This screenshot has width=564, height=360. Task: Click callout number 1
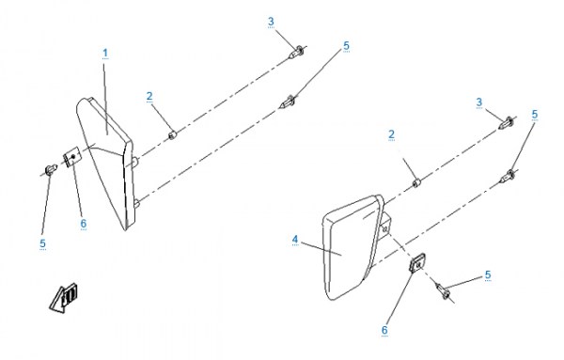[x=105, y=54]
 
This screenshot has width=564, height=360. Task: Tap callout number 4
[x=295, y=240]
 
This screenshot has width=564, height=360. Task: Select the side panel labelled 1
[x=107, y=163]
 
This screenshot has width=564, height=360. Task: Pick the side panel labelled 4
[x=354, y=247]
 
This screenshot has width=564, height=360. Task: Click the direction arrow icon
[x=64, y=298]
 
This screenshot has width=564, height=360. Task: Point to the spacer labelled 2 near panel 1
[x=173, y=135]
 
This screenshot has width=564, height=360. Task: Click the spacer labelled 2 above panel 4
[x=416, y=183]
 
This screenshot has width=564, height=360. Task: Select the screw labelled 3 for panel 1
[x=296, y=53]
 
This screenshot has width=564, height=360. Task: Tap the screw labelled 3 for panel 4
[x=507, y=123]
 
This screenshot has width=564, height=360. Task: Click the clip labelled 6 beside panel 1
[x=71, y=157]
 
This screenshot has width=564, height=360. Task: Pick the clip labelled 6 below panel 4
[x=418, y=262]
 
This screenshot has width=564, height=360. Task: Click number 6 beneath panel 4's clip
[x=384, y=330]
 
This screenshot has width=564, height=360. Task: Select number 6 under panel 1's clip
[x=84, y=224]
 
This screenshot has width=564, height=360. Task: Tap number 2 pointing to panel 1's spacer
[x=149, y=97]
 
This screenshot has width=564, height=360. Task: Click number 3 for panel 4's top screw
[x=479, y=102]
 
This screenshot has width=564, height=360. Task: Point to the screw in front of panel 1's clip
[x=51, y=169]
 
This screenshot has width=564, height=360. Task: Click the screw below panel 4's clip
[x=443, y=291]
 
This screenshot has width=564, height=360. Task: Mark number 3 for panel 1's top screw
[x=271, y=22]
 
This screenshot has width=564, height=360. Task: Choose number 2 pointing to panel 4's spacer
[x=391, y=134]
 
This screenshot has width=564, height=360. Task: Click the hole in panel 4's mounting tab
[x=385, y=228]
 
